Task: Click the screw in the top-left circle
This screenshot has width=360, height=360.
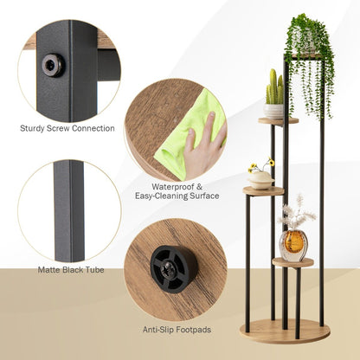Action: (x=53, y=65)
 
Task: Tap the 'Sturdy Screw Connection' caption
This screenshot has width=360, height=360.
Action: (x=67, y=128)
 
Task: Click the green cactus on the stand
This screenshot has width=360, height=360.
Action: (x=274, y=88)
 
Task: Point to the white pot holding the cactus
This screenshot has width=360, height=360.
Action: (x=274, y=111)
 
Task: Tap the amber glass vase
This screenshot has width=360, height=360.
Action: (x=294, y=245)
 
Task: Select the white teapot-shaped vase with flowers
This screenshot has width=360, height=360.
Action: (x=260, y=179)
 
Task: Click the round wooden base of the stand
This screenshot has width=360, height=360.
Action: (x=285, y=330)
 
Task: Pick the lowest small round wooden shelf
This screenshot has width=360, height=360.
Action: (x=292, y=262)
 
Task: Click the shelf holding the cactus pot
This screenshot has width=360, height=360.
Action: (x=278, y=120)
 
